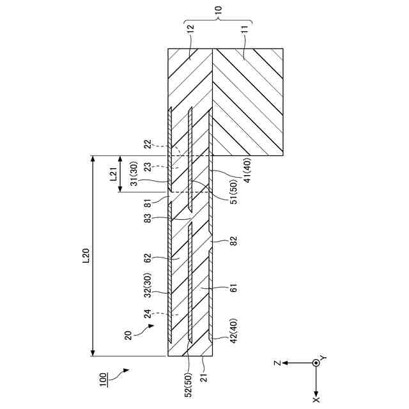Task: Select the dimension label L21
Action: pyautogui.click(x=112, y=174)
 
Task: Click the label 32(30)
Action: pyautogui.click(x=149, y=285)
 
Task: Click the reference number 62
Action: pyautogui.click(x=148, y=258)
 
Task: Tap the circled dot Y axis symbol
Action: pyautogui.click(x=316, y=362)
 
